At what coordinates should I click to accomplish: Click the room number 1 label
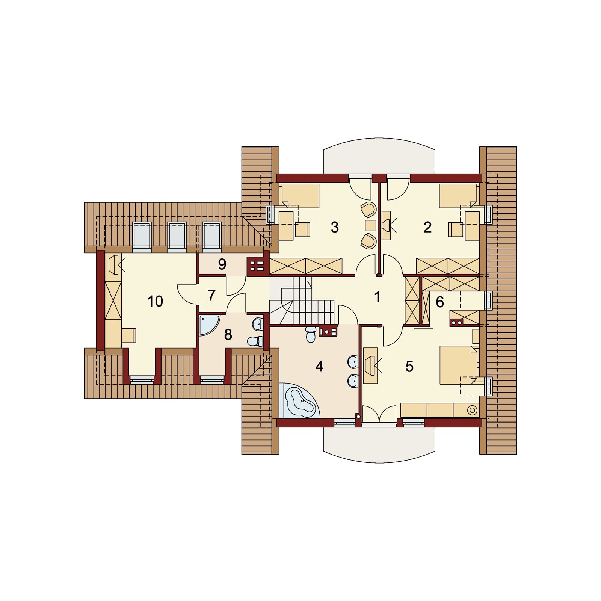377,297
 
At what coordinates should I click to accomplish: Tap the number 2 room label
427,227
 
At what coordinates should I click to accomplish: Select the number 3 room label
334,227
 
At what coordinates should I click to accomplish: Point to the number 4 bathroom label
319,366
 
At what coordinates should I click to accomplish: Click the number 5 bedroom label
409,366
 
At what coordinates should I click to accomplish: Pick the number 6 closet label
439,302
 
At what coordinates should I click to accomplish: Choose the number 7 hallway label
211,295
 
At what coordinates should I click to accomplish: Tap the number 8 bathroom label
228,334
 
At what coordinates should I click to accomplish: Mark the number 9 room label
222,264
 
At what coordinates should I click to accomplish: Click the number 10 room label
155,301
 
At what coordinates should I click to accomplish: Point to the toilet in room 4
310,334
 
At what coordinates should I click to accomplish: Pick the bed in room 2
459,195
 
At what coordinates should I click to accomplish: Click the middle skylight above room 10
177,235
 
